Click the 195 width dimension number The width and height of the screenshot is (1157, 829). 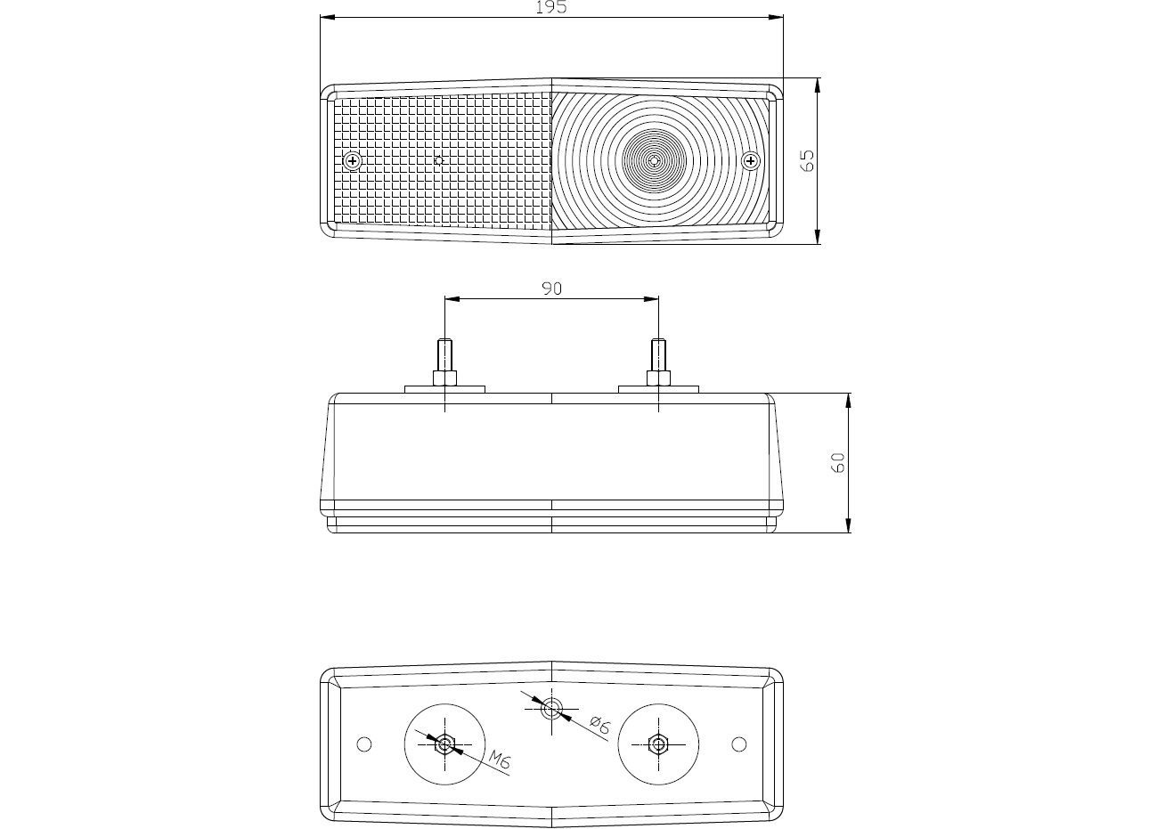(551, 7)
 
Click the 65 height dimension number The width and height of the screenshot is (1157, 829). (807, 160)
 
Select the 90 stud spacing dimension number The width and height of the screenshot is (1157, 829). (551, 289)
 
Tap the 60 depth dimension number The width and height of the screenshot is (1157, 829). (837, 462)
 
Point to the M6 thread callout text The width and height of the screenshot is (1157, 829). (500, 760)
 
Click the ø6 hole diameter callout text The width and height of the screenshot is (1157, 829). (599, 725)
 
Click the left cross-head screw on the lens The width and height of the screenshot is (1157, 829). (353, 161)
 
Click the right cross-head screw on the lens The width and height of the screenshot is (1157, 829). (751, 161)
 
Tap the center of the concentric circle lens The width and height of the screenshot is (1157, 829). (655, 160)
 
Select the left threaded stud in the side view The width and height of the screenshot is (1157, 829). (444, 354)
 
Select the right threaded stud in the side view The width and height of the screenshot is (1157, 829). (658, 354)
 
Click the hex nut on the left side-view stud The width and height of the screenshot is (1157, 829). (444, 378)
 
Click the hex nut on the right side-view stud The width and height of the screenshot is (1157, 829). (658, 378)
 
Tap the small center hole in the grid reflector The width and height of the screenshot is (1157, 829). (440, 160)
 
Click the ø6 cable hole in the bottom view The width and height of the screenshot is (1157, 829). (551, 709)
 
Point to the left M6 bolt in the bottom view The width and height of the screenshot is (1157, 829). (444, 744)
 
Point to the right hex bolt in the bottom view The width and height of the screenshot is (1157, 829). (658, 744)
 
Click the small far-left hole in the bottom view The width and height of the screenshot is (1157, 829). (364, 744)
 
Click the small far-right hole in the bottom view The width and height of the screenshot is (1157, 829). (739, 744)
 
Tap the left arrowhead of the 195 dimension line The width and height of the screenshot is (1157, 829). (328, 18)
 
